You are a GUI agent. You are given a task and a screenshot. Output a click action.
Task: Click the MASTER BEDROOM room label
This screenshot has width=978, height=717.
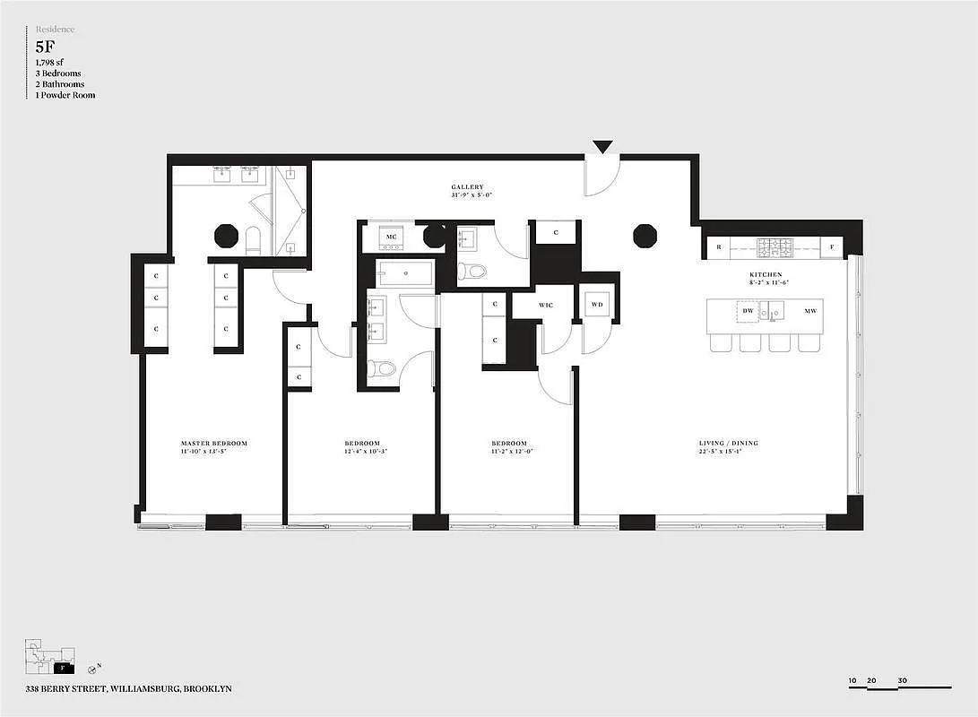[x=213, y=444]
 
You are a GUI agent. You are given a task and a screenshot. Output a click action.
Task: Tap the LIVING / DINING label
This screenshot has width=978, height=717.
[x=720, y=444]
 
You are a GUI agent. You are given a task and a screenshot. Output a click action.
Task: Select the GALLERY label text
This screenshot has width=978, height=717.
[x=467, y=187]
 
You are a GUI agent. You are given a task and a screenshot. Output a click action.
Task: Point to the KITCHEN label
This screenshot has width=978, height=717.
[x=766, y=274]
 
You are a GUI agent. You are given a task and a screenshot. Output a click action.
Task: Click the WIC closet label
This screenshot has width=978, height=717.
[x=546, y=306]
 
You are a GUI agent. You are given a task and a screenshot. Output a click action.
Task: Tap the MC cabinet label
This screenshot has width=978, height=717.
[x=391, y=238]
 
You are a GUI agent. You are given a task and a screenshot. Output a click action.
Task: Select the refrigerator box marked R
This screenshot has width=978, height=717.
[x=718, y=246]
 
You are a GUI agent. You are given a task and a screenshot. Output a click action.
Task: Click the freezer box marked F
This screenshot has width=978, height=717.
[x=832, y=246]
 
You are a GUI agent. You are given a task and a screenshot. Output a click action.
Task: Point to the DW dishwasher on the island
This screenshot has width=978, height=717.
[x=748, y=311]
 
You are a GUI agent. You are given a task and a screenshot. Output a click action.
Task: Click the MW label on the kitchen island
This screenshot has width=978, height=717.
[x=809, y=311]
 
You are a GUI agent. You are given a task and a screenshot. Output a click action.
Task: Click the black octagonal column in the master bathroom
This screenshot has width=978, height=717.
[x=226, y=236]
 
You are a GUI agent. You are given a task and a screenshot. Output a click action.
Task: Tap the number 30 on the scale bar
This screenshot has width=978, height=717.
[x=902, y=680]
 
